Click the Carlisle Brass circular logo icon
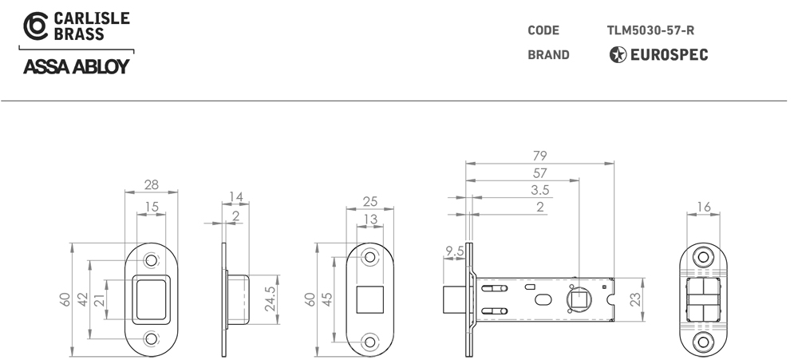36,26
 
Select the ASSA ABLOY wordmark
77,67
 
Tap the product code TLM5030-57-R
650,30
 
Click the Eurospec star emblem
618,54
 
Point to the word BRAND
548,54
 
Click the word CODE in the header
543,30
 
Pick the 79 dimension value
539,156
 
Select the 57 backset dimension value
539,172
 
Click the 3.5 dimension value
540,190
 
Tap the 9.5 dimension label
455,251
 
